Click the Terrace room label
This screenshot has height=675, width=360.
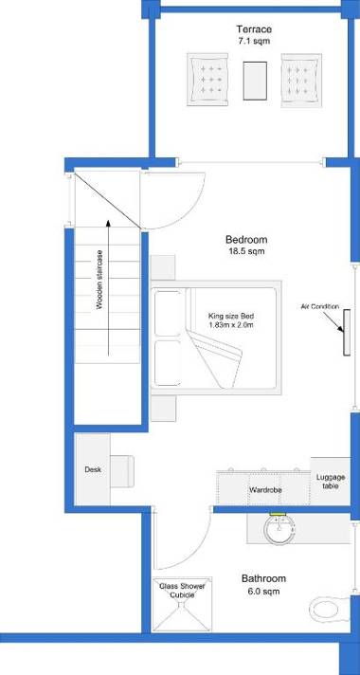point(254,30)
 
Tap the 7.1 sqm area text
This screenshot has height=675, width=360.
point(254,43)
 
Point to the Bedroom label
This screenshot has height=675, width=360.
point(246,239)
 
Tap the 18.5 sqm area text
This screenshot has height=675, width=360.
point(246,252)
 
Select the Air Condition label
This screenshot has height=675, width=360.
point(320,306)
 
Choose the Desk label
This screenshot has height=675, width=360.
point(92,469)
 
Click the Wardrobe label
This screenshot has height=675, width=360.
point(263,490)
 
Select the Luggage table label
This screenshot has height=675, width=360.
point(329,481)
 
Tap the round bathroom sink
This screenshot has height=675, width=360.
point(279,532)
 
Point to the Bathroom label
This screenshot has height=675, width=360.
point(263,578)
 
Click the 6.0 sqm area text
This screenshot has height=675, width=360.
point(263,592)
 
